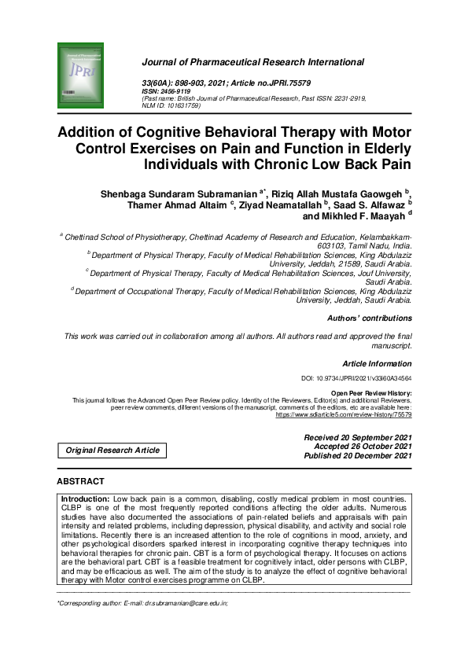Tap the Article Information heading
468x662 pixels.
[x=377, y=364]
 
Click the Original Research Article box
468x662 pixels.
[x=112, y=451]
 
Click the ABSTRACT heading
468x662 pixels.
[x=80, y=481]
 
